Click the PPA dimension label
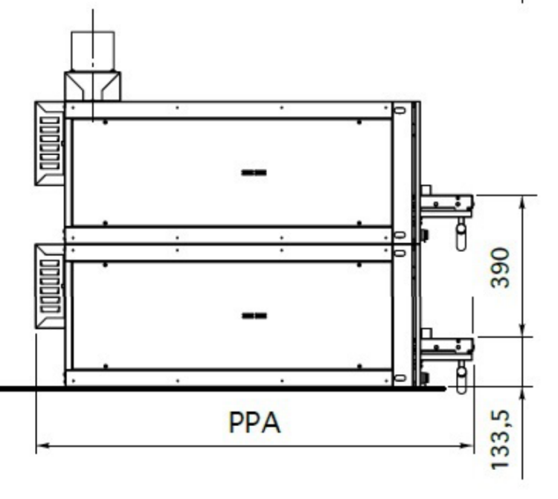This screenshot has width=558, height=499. click(254, 422)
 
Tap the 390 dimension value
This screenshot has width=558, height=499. click(500, 268)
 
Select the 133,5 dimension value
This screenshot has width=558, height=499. click(500, 440)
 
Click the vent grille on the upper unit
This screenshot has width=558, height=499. click(49, 144)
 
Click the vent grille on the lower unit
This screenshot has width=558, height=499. click(49, 286)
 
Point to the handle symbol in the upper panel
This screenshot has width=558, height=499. click(254, 173)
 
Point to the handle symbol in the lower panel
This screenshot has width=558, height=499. click(254, 316)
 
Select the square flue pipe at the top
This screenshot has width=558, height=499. click(93, 51)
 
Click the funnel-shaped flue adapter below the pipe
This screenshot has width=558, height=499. click(92, 86)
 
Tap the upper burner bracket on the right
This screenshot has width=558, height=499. click(447, 204)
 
